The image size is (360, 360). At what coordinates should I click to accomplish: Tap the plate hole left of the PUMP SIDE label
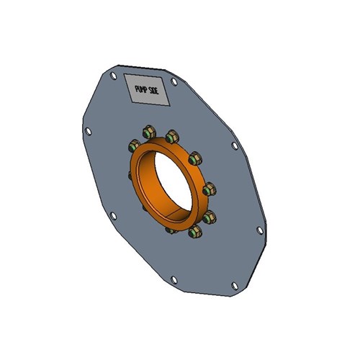click(113, 75)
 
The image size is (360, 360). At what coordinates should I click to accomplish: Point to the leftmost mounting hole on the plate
click(87, 131)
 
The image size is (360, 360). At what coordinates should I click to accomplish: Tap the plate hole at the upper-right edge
click(235, 145)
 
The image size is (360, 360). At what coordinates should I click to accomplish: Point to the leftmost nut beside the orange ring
click(133, 145)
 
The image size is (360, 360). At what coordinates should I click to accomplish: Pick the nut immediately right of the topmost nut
click(172, 136)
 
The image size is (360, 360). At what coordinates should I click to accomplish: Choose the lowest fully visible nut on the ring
click(193, 231)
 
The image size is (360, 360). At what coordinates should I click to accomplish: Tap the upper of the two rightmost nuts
click(208, 189)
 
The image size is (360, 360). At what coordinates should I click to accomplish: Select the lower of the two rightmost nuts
click(208, 217)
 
